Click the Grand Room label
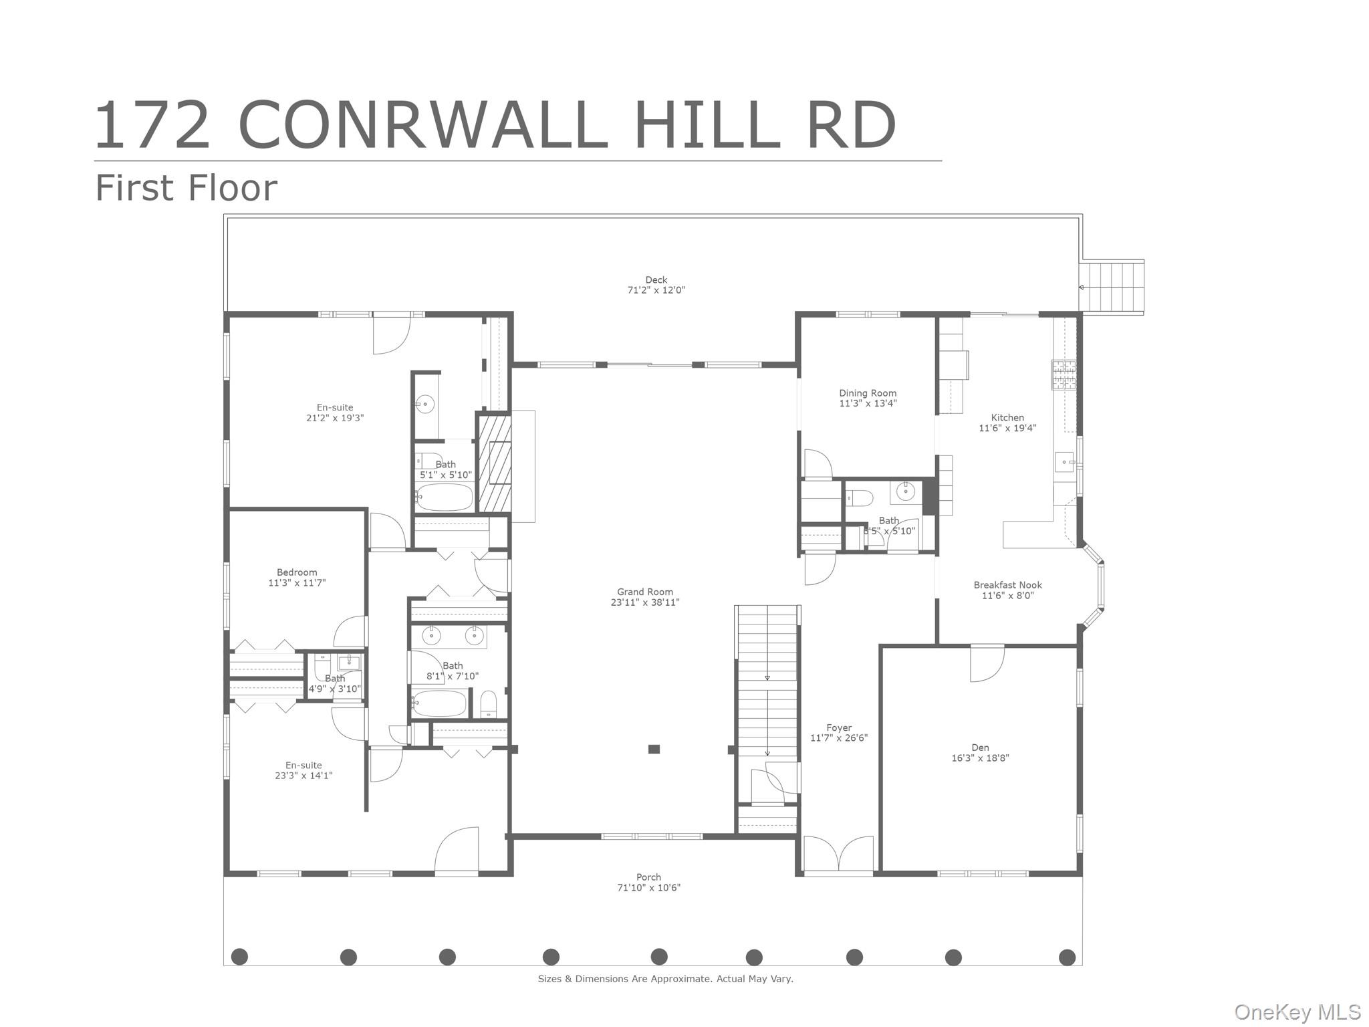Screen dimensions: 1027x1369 (x=644, y=592)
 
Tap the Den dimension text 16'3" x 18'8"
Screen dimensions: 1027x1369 (x=980, y=758)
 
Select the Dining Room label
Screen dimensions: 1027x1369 (x=868, y=393)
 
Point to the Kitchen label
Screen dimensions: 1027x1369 (x=1007, y=418)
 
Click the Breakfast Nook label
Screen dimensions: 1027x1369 (x=1007, y=585)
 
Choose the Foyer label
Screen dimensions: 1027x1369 (x=838, y=728)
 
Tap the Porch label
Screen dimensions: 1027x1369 (x=648, y=877)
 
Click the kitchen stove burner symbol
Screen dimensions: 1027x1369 (x=1064, y=375)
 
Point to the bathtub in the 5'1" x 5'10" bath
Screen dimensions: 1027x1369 (x=444, y=497)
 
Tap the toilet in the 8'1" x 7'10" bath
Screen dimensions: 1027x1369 (x=489, y=704)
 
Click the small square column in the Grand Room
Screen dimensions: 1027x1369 (x=654, y=750)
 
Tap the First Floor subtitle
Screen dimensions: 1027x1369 (x=186, y=188)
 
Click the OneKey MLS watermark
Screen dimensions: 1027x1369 (x=1297, y=1012)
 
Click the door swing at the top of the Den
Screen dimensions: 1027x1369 (x=987, y=663)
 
